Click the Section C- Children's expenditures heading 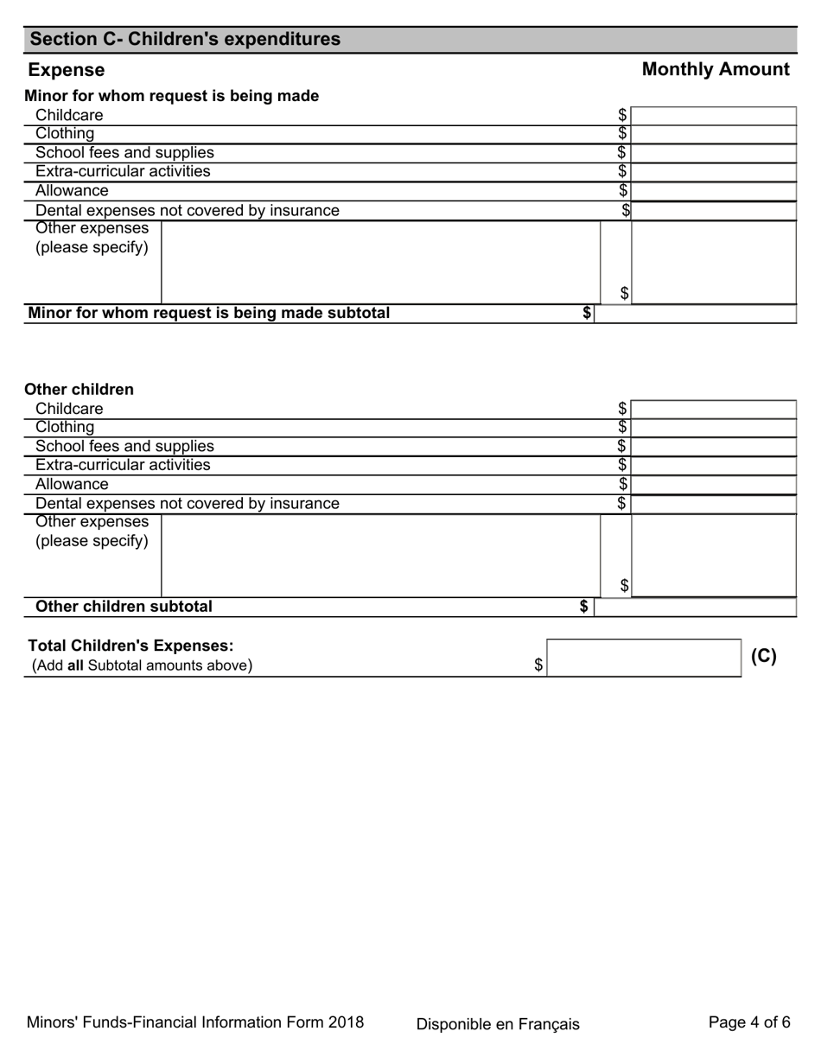[x=185, y=40]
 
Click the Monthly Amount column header [x=715, y=70]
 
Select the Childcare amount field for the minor [x=713, y=116]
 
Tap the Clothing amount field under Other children [x=713, y=428]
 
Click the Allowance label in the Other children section [x=72, y=485]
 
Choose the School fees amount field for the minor [x=713, y=154]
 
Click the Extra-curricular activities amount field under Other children [x=713, y=466]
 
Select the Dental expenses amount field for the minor [x=713, y=211]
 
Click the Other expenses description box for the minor [x=380, y=262]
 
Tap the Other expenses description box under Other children [x=380, y=555]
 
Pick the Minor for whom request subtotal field [x=695, y=314]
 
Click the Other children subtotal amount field [x=695, y=608]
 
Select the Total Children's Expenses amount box [x=644, y=658]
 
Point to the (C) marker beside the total [x=763, y=657]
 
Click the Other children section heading [x=79, y=390]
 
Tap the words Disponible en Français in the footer [x=498, y=1024]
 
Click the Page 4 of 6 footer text [x=748, y=1022]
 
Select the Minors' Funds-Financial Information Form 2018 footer [x=195, y=1022]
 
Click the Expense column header [x=67, y=70]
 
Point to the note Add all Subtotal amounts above [x=143, y=665]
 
